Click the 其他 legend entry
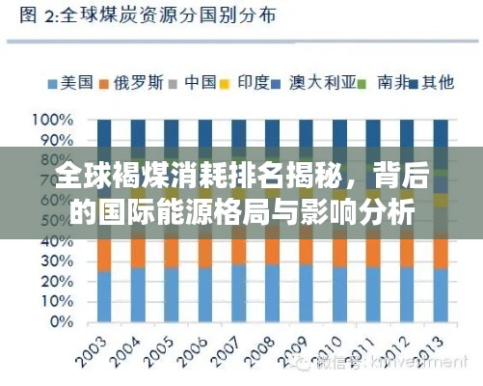point(437,83)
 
